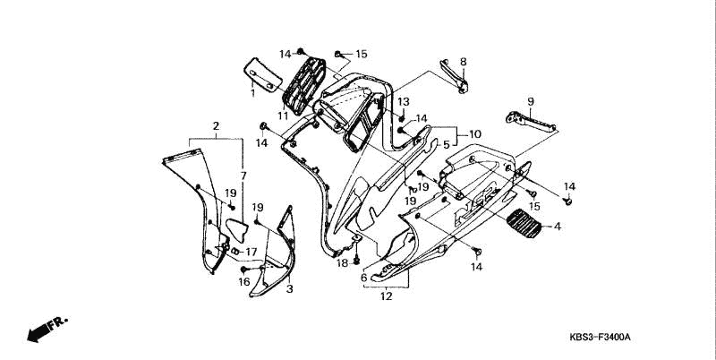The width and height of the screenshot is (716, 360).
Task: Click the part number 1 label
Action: (252, 93)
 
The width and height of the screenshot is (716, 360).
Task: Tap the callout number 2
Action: (216, 126)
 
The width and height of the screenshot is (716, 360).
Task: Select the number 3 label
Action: (289, 288)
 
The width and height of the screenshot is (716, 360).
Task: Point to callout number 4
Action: (557, 227)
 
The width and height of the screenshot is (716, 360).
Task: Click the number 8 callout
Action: (463, 62)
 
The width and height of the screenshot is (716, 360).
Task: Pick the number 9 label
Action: (530, 101)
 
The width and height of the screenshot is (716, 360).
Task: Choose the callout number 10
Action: (475, 134)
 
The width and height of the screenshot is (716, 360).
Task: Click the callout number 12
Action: (387, 296)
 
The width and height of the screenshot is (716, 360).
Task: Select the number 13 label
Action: (404, 101)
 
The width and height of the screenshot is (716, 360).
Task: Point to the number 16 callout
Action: (244, 282)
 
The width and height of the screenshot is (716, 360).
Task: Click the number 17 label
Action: (251, 252)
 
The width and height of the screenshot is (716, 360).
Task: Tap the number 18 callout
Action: (343, 263)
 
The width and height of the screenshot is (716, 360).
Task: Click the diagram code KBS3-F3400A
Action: (600, 338)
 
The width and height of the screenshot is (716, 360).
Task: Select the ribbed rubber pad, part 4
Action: (524, 223)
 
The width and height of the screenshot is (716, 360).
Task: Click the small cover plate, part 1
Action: (263, 75)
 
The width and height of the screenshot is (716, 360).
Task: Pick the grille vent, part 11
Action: (303, 86)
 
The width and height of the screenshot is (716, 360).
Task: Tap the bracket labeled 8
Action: (455, 76)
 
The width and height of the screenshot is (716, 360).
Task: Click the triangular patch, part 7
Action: (237, 230)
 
